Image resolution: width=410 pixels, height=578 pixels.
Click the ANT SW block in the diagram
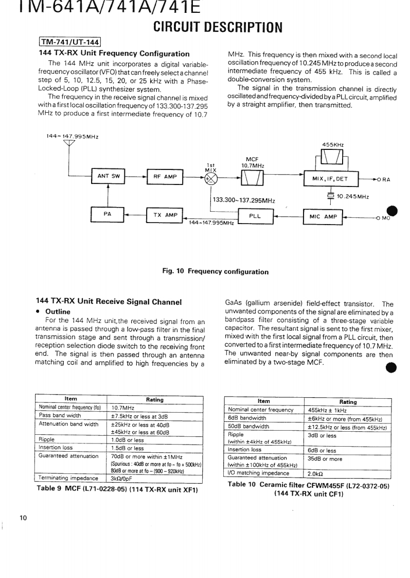(108, 176)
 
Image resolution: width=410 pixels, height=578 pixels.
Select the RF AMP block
(165, 177)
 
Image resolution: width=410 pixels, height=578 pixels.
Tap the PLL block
(255, 216)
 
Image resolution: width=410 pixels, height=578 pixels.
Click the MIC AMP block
(323, 217)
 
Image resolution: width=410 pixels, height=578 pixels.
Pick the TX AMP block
(165, 215)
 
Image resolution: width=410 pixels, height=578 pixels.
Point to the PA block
(108, 214)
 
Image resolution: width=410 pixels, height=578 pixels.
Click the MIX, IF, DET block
(330, 178)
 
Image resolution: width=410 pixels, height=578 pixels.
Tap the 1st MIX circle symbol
(210, 178)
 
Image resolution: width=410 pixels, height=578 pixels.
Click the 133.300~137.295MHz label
(244, 201)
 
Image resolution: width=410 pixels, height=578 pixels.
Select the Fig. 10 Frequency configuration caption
(215, 271)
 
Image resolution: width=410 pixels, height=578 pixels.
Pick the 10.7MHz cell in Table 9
(123, 407)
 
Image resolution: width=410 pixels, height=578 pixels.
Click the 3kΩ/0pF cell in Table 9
(121, 478)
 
